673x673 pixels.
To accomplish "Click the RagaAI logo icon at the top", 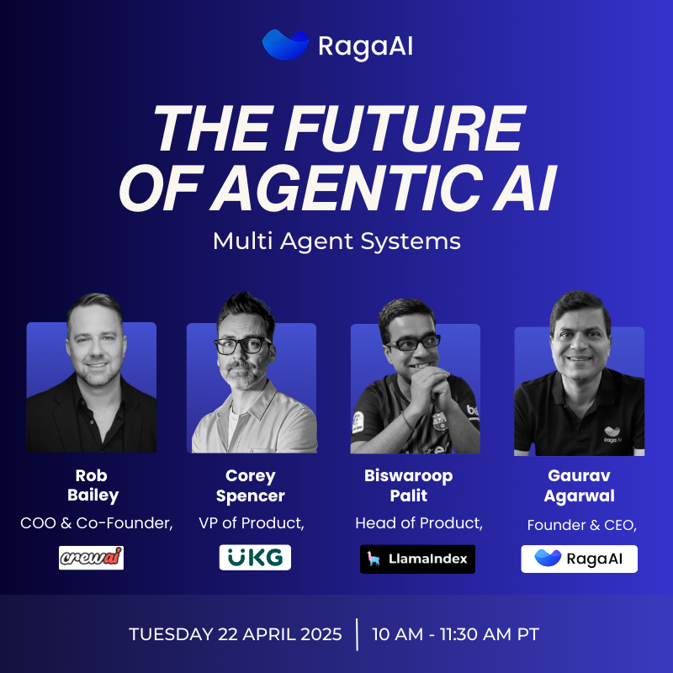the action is point(285,45).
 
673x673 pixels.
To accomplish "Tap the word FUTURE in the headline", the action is point(405,129).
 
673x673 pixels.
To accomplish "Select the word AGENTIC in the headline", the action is point(348,188).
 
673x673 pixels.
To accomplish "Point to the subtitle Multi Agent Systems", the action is point(337,241).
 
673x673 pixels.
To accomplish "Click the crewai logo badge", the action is point(92,558).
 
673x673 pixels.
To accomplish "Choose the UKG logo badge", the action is point(255,557).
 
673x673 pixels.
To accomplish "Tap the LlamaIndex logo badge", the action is point(417,559).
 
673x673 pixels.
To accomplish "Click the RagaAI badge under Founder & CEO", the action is point(579,559).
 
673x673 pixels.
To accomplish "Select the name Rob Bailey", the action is point(93,485).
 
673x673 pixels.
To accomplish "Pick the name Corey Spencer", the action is point(251,486).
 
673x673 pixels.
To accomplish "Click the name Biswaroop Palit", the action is point(409,485).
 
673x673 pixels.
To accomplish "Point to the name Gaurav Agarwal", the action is point(579,485).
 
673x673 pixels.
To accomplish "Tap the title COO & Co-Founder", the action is point(97,523).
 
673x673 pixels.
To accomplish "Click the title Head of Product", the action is point(419,523).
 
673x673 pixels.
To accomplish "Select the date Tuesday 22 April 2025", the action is point(236,634).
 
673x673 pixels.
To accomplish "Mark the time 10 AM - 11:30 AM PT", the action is point(455,634).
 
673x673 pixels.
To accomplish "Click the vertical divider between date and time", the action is point(357,634).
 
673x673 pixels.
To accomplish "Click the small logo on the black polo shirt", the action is point(612,434).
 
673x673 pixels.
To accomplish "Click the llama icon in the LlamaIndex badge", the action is point(374,559).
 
